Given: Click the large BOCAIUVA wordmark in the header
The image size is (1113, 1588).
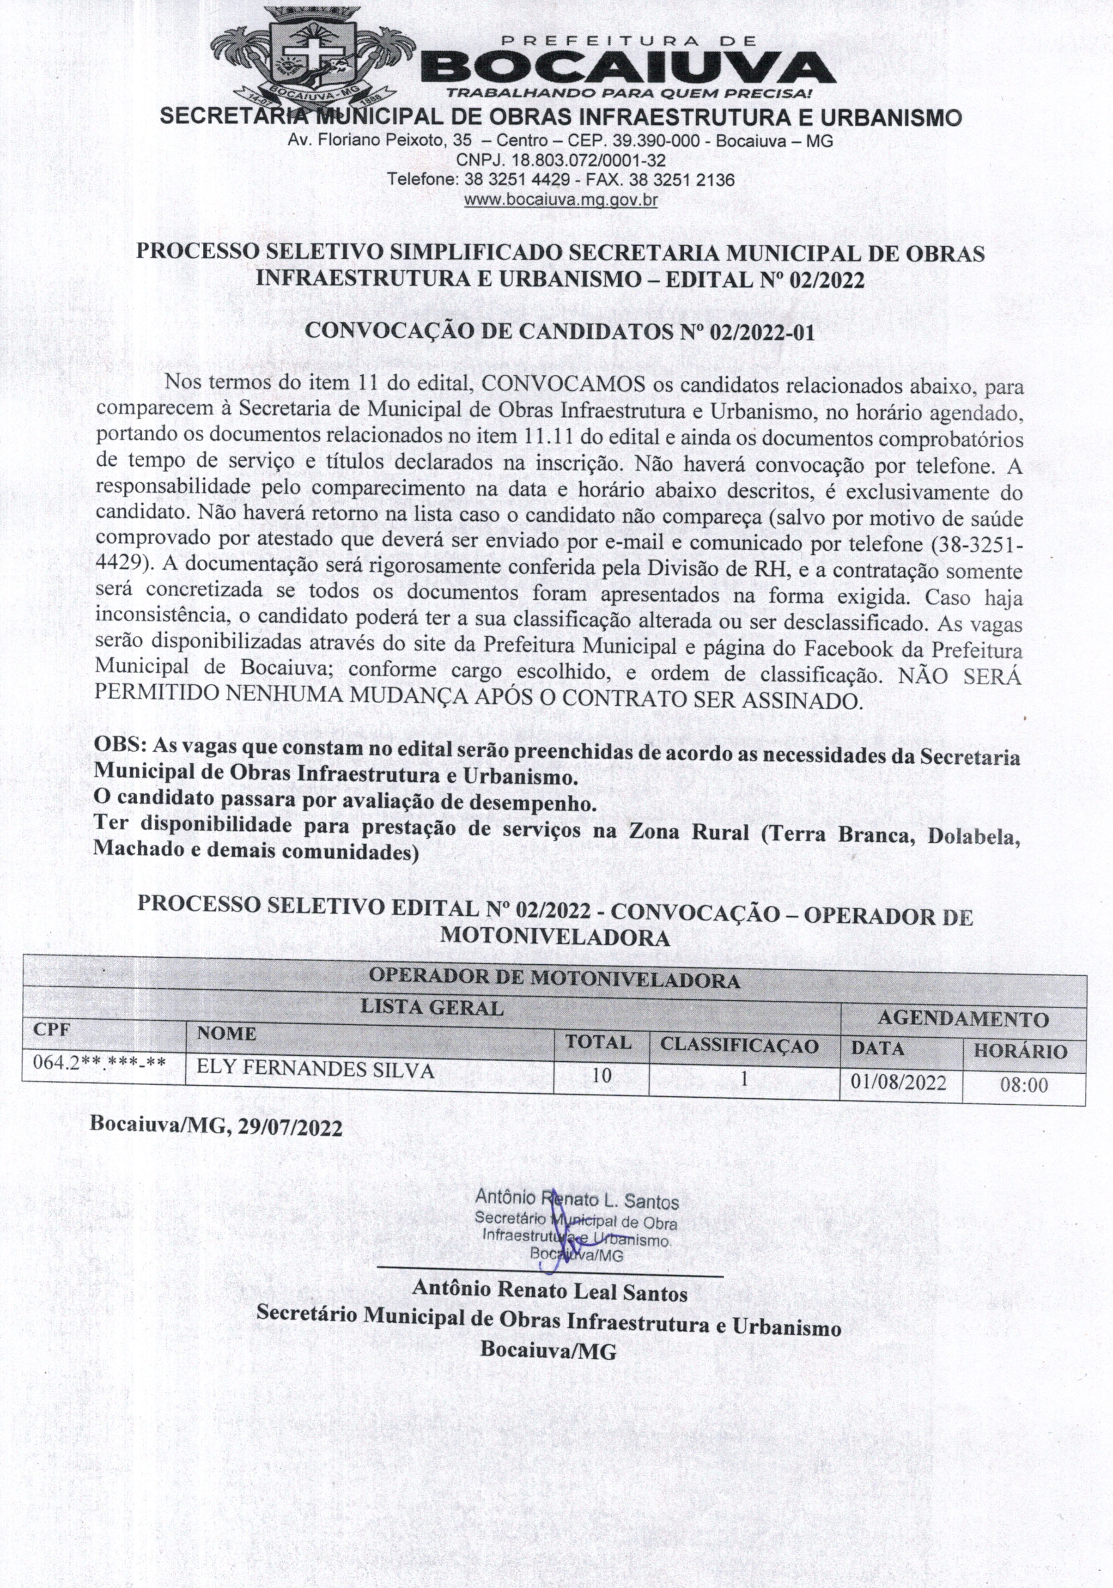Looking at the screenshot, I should tap(626, 68).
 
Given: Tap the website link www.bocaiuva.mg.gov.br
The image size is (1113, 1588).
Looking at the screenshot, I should tap(560, 201).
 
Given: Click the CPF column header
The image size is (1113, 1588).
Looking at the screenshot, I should tap(52, 1029).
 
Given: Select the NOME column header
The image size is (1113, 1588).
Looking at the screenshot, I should tap(226, 1033).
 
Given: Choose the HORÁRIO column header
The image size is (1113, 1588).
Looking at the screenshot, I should tap(1020, 1051).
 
